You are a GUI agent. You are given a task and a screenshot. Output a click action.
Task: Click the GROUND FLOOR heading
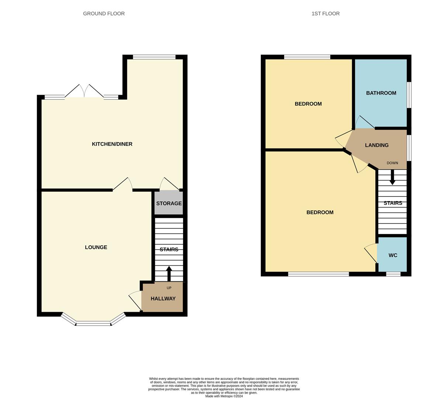click(x=104, y=14)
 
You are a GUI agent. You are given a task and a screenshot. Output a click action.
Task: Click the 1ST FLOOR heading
click(x=325, y=14)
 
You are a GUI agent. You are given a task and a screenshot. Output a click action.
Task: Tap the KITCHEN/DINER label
click(x=112, y=144)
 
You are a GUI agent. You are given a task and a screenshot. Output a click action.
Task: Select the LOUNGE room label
click(x=96, y=247)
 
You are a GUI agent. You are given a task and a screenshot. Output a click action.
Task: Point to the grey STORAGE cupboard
click(x=169, y=203)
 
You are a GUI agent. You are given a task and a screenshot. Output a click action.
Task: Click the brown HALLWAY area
click(x=163, y=298)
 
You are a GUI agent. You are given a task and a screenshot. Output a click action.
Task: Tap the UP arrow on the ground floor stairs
click(x=169, y=274)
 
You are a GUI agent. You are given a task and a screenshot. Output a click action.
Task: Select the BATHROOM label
click(x=381, y=93)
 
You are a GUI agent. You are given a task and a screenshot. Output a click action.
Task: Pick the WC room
click(x=393, y=255)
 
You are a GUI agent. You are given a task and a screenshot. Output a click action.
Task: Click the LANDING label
click(x=376, y=145)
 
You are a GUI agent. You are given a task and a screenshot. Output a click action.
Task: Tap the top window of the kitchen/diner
click(x=154, y=57)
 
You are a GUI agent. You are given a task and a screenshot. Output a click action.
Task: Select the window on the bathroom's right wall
click(x=409, y=95)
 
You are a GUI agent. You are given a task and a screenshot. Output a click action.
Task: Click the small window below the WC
click(x=393, y=274)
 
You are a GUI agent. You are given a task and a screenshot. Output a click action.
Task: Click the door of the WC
click(x=371, y=254)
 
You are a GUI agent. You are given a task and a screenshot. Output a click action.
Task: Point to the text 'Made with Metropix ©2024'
click(x=224, y=396)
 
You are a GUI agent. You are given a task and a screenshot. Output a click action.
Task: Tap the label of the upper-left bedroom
click(x=308, y=104)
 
